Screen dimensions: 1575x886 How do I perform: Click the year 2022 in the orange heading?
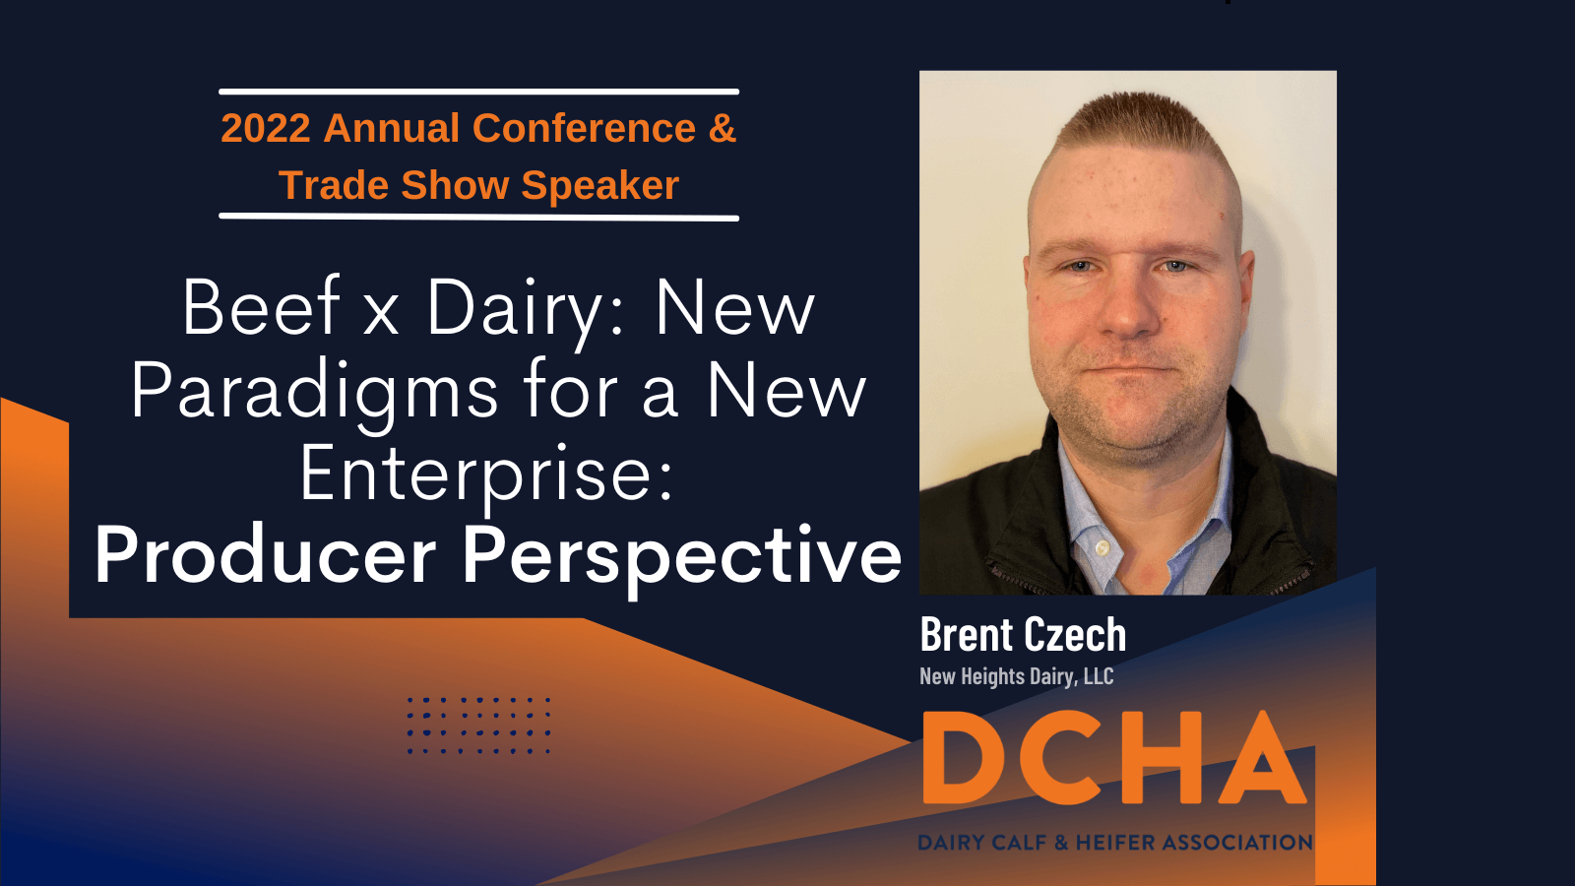[266, 128]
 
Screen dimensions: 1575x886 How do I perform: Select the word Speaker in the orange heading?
[599, 185]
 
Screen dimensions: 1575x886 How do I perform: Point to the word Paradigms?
[314, 394]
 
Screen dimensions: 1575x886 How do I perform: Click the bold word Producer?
[265, 555]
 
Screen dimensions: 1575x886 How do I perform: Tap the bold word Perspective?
[681, 559]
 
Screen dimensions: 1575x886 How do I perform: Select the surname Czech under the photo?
[1075, 634]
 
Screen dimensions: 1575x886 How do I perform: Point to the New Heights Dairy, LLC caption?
[1017, 676]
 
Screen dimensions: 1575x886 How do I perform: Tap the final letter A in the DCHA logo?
[1261, 757]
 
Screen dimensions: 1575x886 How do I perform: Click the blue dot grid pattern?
[478, 725]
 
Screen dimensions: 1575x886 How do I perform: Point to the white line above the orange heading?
[478, 92]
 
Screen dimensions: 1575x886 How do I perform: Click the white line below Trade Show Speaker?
[478, 218]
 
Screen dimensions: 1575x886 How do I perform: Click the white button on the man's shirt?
[1102, 546]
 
